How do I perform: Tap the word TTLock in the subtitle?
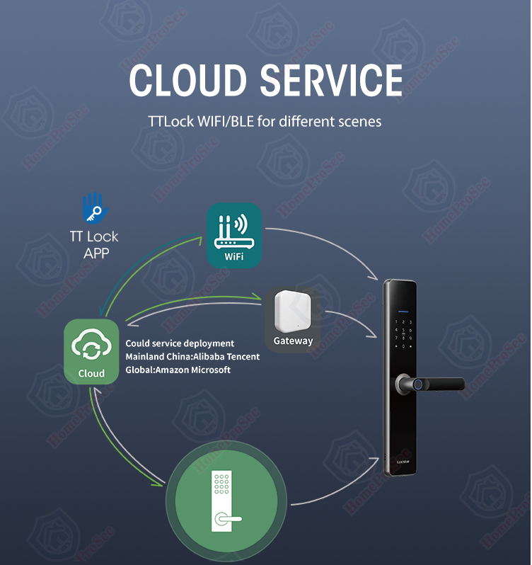[172, 121]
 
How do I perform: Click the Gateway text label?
[293, 341]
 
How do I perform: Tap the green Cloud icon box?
[91, 352]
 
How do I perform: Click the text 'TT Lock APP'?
[94, 244]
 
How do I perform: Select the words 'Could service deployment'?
[180, 343]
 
